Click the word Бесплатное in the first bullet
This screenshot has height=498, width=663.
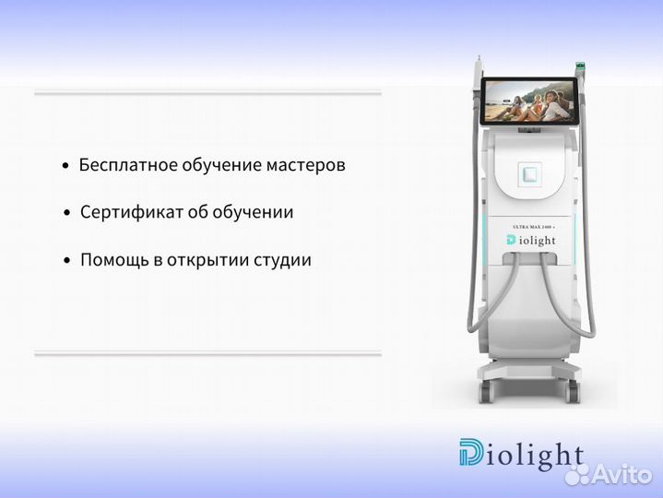pos(123,166)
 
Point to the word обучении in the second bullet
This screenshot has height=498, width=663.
pos(253,213)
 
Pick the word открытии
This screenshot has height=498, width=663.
pos(206,260)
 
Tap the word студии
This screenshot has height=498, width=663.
pos(281,260)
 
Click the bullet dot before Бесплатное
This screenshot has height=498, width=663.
pos(65,167)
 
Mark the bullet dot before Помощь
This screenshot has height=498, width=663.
pos(67,261)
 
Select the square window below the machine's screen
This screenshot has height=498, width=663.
pos(528,173)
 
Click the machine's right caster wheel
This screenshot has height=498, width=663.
pos(573,394)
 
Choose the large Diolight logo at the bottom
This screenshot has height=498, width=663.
pos(521,456)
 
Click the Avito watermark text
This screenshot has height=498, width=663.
pos(619,475)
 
